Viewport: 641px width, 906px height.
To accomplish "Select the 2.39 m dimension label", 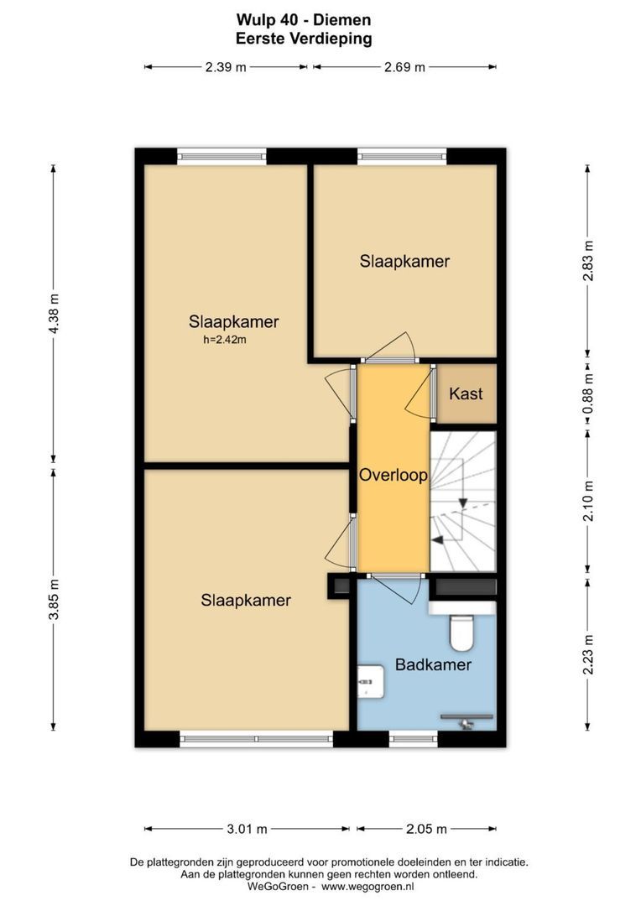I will click(225, 67).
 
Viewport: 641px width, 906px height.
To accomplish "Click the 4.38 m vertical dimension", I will click(55, 313).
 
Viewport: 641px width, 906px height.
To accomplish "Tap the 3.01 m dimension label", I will click(247, 829).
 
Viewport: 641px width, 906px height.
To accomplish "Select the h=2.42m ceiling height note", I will click(224, 340).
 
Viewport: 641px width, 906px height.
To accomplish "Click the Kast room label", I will click(466, 393).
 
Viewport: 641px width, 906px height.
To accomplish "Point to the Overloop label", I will click(393, 475).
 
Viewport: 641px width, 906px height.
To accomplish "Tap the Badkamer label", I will click(433, 665).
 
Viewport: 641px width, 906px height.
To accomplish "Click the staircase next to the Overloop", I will click(462, 501).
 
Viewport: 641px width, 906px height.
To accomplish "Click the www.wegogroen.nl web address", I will click(368, 886).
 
